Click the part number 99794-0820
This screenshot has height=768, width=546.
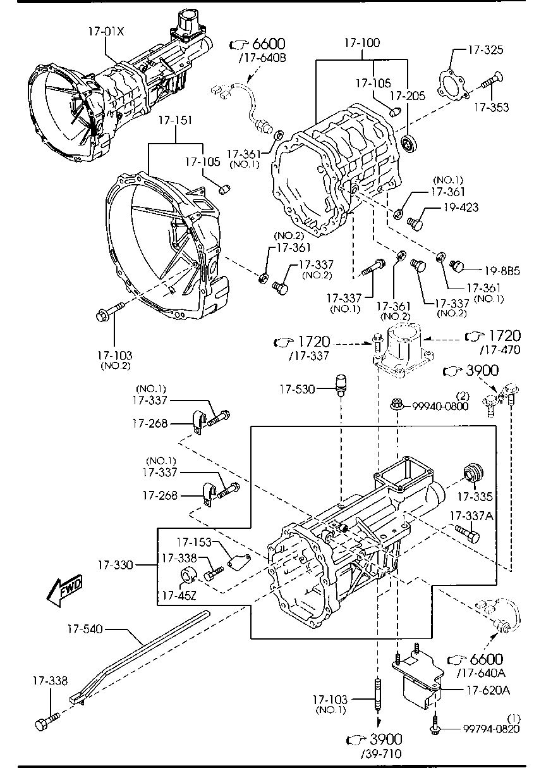pos(482,729)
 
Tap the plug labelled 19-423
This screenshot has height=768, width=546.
pos(415,222)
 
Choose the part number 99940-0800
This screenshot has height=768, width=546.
pos(440,406)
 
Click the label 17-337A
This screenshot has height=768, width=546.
pos(471,516)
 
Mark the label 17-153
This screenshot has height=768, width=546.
pos(193,542)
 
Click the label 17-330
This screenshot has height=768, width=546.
pos(116,564)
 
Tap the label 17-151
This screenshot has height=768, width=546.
pos(175,120)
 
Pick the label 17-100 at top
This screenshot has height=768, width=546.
pos(362,44)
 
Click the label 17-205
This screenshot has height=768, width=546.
pos(408,96)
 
